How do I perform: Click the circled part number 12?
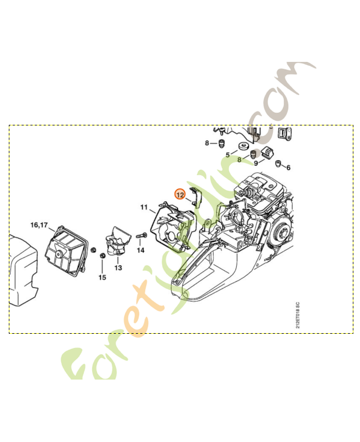point(180,194)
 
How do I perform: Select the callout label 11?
point(144,208)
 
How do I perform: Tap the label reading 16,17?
point(39,225)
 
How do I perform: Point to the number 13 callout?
point(118,267)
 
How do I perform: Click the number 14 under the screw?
point(140,250)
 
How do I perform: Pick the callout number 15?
point(102,277)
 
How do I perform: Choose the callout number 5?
point(227,155)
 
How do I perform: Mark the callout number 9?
point(256,164)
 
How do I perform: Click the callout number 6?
point(288,167)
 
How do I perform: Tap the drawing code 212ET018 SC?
point(298,315)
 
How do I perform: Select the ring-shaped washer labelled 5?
point(242,146)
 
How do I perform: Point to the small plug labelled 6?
point(278,162)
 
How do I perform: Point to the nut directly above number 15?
point(102,256)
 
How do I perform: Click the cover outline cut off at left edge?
point(22,271)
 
